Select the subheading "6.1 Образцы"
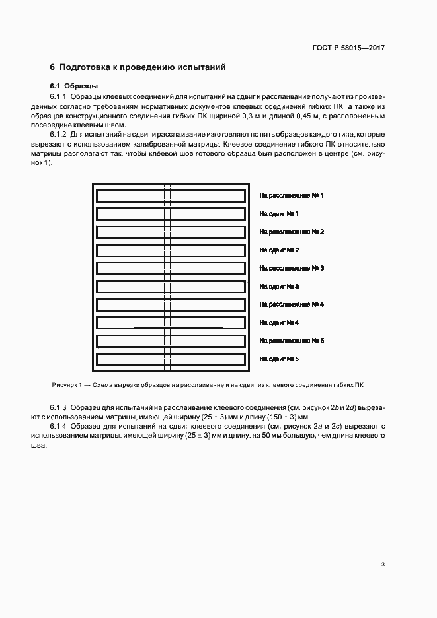(x=74, y=86)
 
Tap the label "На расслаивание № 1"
(x=291, y=196)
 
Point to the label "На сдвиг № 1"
(x=279, y=214)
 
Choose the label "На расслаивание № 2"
(x=291, y=232)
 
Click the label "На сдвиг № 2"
(x=279, y=250)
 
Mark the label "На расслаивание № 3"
(x=291, y=269)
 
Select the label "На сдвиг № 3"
(x=279, y=287)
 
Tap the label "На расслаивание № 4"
(x=291, y=304)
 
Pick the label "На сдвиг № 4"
(x=279, y=323)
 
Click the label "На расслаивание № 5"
(x=291, y=341)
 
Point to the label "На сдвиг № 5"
(x=279, y=359)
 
